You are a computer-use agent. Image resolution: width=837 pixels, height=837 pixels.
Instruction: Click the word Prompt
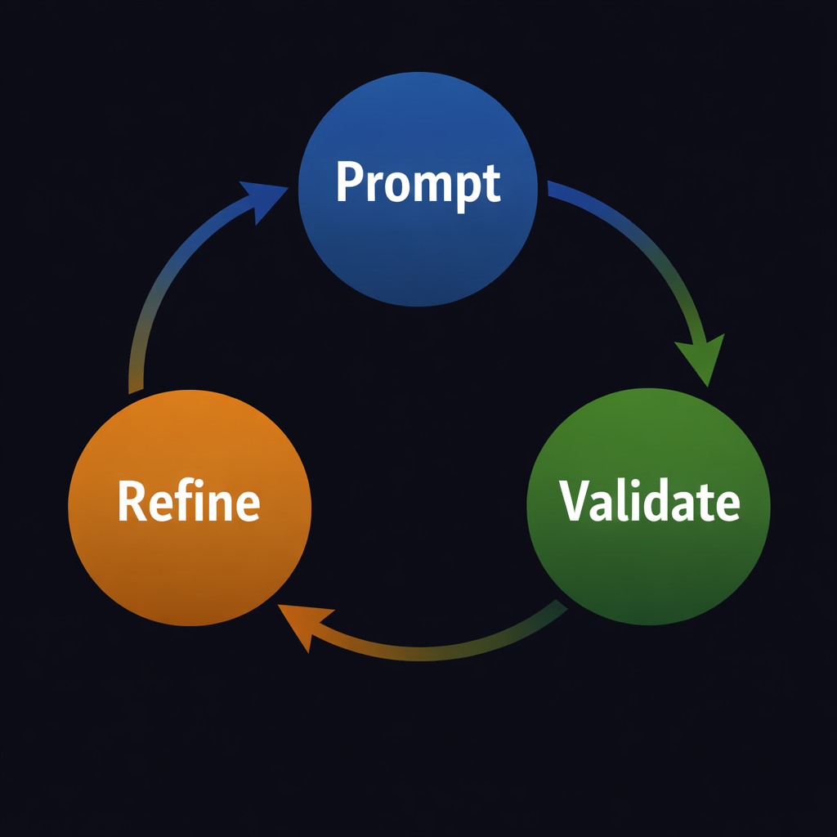click(418, 184)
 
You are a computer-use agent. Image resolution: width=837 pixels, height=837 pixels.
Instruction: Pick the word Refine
click(189, 501)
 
